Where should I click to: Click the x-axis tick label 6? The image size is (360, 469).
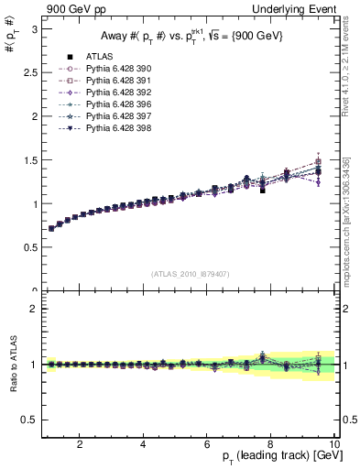(207, 444)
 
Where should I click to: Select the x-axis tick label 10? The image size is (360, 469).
(333, 444)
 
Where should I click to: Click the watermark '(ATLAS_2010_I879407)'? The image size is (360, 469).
(189, 273)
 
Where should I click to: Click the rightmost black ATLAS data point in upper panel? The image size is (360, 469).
(318, 171)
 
